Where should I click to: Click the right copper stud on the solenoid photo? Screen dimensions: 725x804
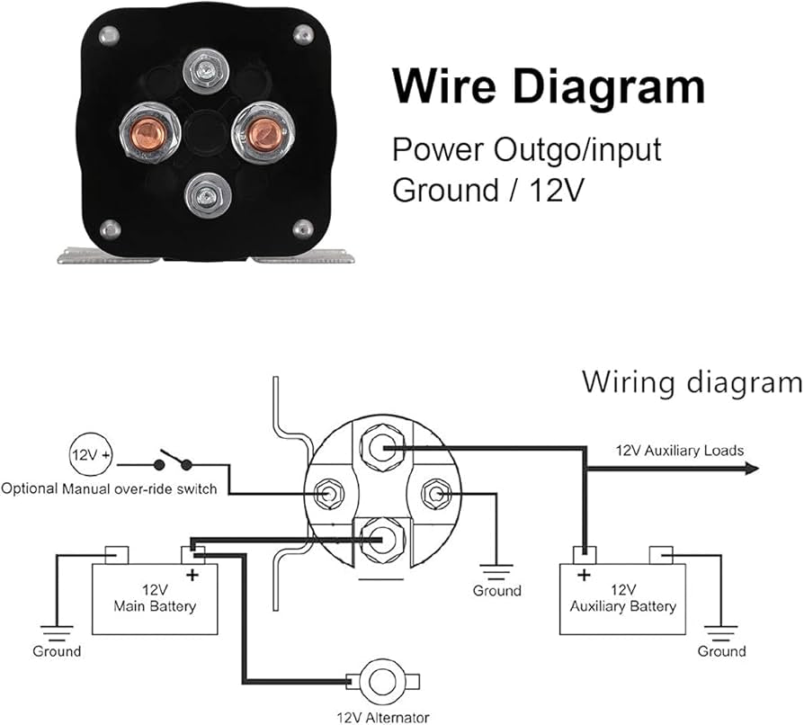264,133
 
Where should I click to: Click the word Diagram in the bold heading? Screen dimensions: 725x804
597,87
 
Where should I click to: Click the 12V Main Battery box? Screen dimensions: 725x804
155,598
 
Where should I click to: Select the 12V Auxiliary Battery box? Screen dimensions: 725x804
622,598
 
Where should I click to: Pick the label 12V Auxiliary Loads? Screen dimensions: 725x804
679,450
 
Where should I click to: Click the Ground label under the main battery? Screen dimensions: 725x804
57,650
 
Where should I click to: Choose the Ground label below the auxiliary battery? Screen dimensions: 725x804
721,650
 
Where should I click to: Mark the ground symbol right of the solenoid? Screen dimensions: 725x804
496,569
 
